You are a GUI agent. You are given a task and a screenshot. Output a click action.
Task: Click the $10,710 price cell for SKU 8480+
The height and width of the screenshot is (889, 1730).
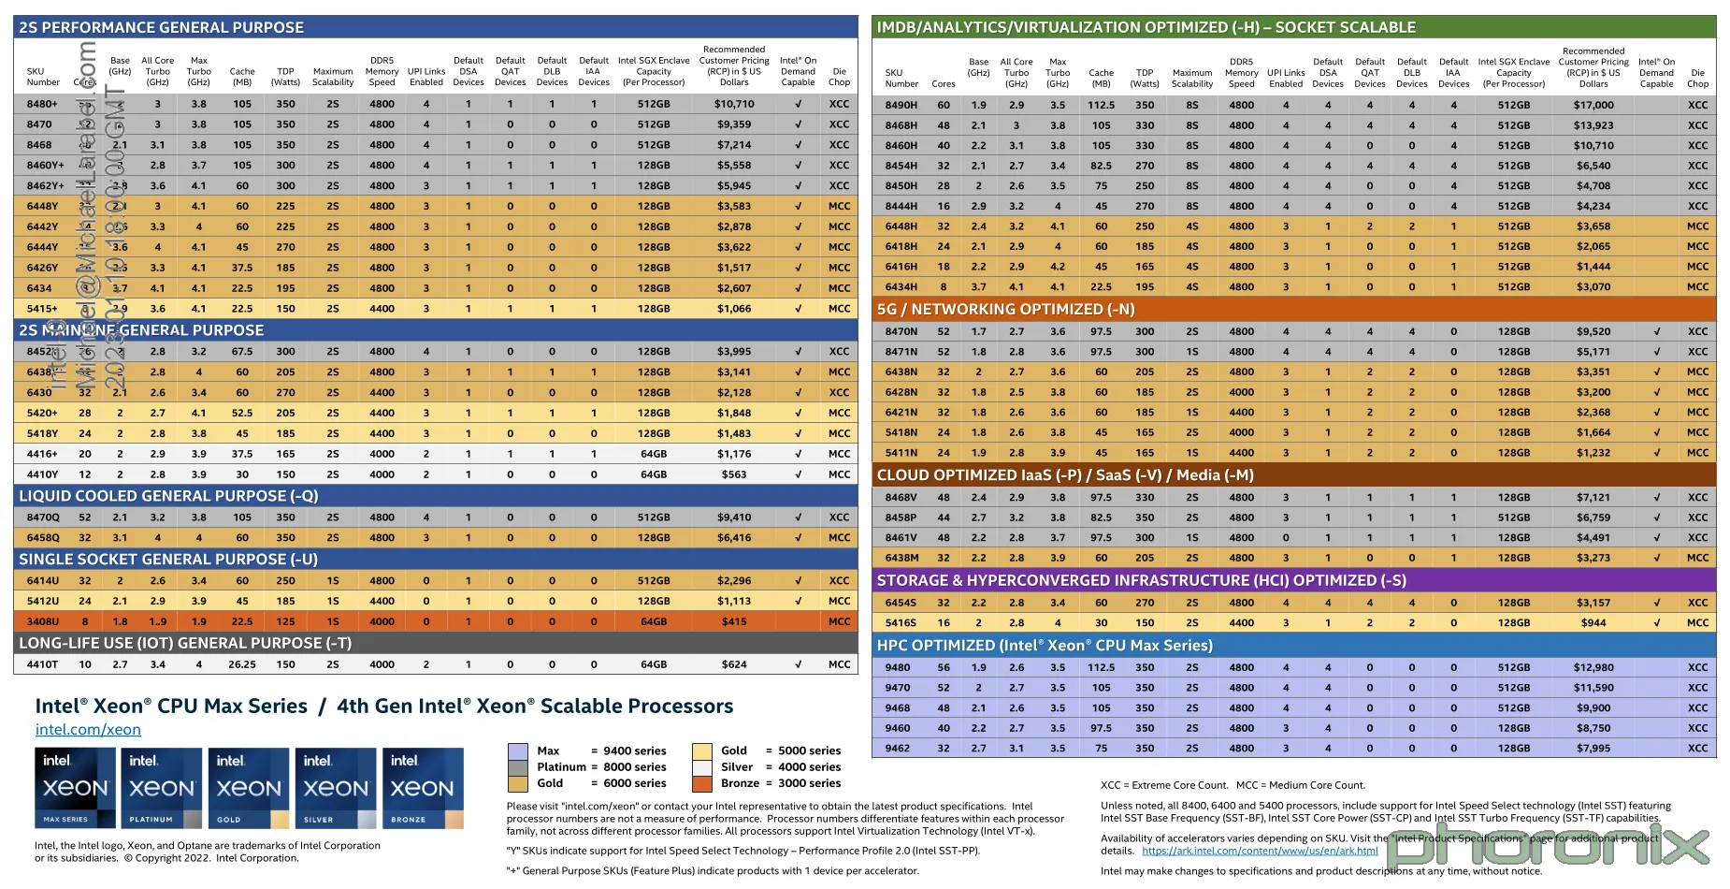pos(734,104)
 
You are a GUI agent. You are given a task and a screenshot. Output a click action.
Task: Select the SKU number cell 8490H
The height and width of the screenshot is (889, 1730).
pos(901,105)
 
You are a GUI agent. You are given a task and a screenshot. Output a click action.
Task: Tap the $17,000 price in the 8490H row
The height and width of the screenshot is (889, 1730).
pos(1593,105)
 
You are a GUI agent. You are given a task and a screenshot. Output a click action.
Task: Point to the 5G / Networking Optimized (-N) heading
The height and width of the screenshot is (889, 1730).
pos(1005,309)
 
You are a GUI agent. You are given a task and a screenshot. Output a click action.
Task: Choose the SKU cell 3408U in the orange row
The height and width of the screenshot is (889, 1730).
pos(42,621)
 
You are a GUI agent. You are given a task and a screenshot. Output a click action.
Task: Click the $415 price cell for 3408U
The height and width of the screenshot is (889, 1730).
pos(734,621)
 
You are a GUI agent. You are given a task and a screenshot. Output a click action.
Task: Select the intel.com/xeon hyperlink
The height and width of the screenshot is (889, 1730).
pos(88,730)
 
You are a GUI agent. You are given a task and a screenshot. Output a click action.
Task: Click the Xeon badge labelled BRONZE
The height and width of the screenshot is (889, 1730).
pos(423,788)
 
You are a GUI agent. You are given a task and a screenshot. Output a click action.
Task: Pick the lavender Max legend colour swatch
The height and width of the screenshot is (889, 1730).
pos(517,751)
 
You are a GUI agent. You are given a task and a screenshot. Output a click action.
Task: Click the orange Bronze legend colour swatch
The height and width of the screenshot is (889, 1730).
pos(702,783)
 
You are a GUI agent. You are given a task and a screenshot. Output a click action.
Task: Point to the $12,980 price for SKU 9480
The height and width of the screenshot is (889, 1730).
pos(1593,667)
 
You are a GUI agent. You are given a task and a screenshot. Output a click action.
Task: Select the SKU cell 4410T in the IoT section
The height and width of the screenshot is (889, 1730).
pos(42,664)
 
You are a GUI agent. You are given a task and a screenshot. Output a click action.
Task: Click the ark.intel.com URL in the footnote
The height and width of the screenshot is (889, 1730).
pos(1260,851)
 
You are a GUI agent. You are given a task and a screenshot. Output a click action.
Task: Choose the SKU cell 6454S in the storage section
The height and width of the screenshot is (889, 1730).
pos(901,603)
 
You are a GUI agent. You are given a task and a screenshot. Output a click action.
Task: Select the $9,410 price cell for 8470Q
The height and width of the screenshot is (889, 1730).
pos(734,517)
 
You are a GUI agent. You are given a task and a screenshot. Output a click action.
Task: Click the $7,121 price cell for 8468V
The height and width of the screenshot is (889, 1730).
pos(1593,497)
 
